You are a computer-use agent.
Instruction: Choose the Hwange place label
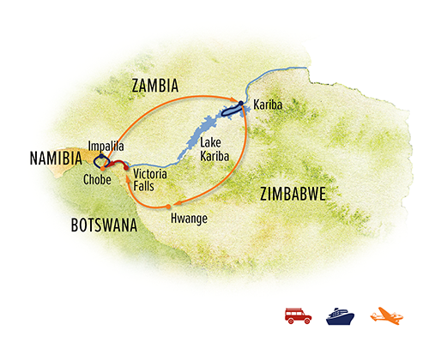(x=191, y=218)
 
